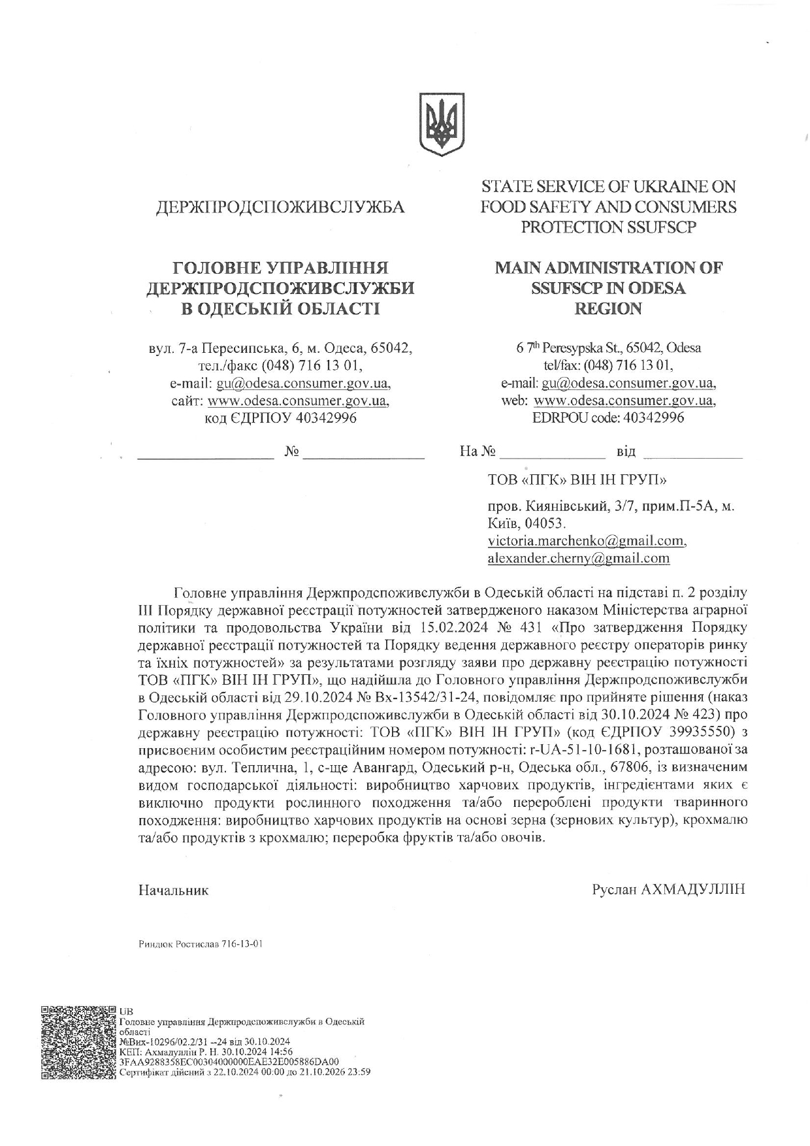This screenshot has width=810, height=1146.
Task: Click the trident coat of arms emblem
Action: tap(442, 123)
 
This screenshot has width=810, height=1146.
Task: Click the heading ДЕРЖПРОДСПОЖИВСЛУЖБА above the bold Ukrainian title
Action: tap(280, 208)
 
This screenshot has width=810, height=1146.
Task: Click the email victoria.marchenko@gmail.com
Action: tap(587, 541)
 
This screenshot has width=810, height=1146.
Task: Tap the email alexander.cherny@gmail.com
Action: tap(578, 558)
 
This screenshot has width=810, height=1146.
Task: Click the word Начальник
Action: tap(174, 891)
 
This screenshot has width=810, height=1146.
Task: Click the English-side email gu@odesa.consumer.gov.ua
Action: tap(627, 383)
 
